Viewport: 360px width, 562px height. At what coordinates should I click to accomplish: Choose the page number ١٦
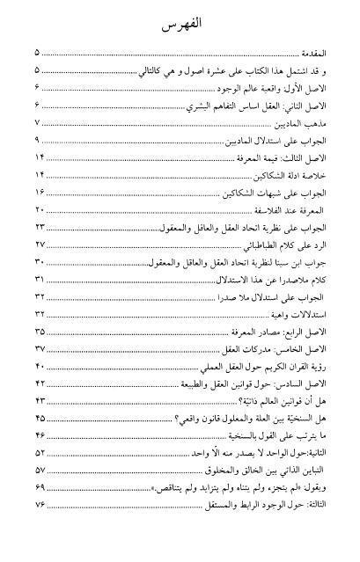(39, 192)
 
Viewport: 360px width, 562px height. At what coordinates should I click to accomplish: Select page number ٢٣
(39, 227)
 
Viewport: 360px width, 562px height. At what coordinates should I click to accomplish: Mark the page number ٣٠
(39, 261)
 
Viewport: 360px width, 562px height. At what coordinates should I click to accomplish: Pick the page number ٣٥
(39, 330)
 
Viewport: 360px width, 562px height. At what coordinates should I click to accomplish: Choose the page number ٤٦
(39, 434)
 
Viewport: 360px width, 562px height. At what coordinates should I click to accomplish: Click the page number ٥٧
(39, 468)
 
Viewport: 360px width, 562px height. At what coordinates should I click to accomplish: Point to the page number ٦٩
(39, 485)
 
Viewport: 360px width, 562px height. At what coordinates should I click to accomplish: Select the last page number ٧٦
(39, 503)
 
